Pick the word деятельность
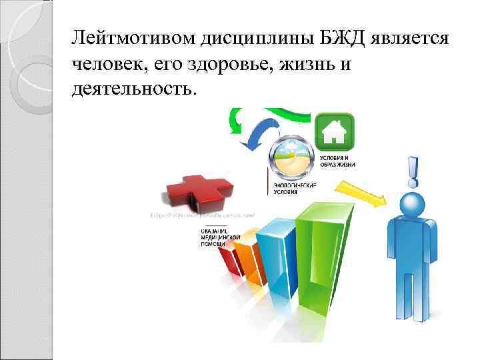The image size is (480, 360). coord(134,89)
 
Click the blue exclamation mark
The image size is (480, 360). coord(413,172)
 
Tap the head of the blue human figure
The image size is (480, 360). coord(411,203)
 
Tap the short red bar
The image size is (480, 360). coord(229,257)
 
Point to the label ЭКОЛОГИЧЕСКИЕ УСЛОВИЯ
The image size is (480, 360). coord(293,189)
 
